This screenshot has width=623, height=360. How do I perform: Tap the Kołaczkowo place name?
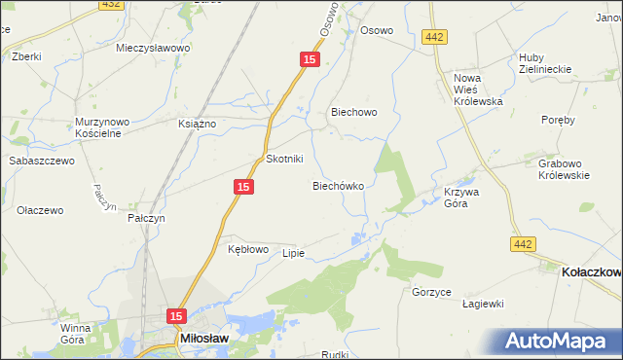point(591,273)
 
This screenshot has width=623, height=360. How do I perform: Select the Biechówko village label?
point(338,185)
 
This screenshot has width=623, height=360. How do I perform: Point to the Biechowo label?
point(353,112)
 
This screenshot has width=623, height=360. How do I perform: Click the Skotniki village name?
point(285,159)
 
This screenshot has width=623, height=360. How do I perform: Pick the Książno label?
point(198,124)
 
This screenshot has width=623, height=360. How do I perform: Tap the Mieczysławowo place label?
point(153,48)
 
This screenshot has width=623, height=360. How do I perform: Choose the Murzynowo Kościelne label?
point(97,127)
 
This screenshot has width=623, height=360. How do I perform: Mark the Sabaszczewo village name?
point(42,161)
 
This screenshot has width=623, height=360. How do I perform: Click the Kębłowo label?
point(247,249)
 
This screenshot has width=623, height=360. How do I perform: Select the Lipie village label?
point(293,253)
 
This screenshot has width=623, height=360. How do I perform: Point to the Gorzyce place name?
point(430,292)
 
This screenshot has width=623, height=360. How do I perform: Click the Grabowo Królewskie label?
point(565,169)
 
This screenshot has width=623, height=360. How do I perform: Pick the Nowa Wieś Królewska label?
point(477,89)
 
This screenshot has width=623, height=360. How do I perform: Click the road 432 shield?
point(110,5)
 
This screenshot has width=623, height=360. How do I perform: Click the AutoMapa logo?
point(560,341)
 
